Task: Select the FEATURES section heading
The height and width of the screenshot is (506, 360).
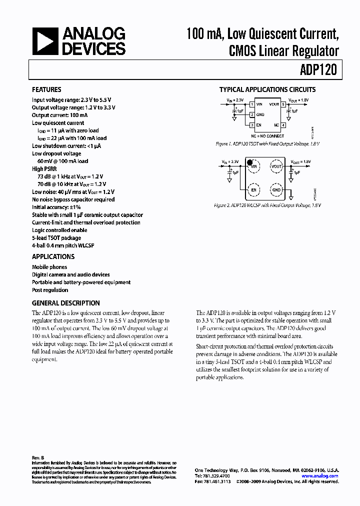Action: [46, 89]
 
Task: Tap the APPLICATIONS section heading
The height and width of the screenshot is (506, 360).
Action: [53, 256]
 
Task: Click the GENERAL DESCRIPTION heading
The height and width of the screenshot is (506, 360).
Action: [65, 303]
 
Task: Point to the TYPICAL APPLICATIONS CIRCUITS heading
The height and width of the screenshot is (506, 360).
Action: [267, 90]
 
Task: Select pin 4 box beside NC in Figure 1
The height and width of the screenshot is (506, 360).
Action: [282, 125]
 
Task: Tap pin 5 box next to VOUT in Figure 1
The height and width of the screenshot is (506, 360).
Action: [282, 104]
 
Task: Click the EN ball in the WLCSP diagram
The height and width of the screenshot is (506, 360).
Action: [253, 189]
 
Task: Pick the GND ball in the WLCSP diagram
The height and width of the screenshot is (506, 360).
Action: [276, 189]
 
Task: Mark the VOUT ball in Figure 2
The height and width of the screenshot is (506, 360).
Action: [276, 166]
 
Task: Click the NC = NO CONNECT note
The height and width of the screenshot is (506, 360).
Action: [267, 136]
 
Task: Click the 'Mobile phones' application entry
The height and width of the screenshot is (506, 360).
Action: [49, 267]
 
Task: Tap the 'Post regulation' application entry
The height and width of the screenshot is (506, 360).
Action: [50, 290]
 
